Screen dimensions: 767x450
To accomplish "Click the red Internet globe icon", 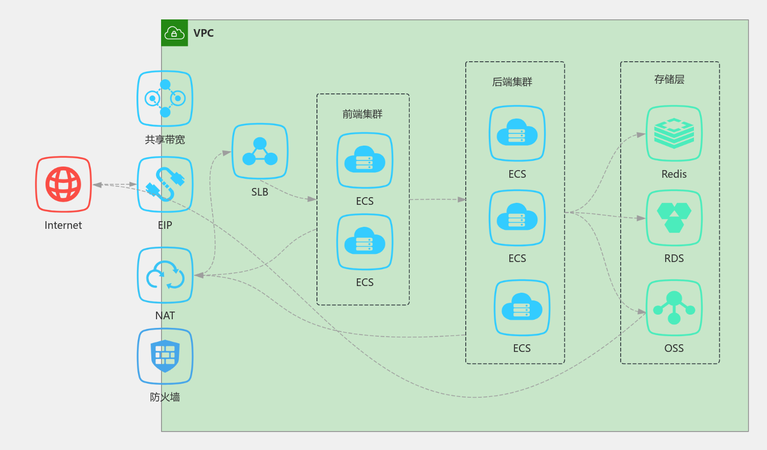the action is pos(63,184).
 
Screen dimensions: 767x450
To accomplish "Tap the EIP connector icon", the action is pos(165,184).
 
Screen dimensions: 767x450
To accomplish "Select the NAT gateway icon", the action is pos(165,275).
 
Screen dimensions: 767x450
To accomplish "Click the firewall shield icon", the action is pos(165,357).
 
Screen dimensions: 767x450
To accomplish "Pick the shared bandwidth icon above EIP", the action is pos(165,99).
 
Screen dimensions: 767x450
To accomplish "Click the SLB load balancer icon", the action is pos(260,151).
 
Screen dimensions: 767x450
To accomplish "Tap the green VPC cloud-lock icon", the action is pos(175,33).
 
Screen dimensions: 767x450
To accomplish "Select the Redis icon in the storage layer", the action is pos(674,133).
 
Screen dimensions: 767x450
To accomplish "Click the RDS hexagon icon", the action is pos(674,218).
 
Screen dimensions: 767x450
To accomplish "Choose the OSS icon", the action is pos(674,308).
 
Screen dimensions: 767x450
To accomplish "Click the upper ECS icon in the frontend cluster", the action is pos(365,160).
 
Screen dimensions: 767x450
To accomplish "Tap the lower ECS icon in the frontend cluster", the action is pos(365,242).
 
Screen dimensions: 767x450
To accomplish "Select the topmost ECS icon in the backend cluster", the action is pos(517,133).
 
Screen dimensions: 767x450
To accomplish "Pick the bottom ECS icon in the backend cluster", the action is pos(522,308).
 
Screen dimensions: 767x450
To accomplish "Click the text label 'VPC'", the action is pos(204,33).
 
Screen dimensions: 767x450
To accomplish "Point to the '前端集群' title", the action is pos(362,114).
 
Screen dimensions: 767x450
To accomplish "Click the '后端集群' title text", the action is pos(512,82).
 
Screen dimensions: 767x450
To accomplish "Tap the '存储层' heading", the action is pos(669,79).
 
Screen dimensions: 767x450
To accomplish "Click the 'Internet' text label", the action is pos(63,225).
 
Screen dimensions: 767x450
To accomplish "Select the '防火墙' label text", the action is pos(165,397).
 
